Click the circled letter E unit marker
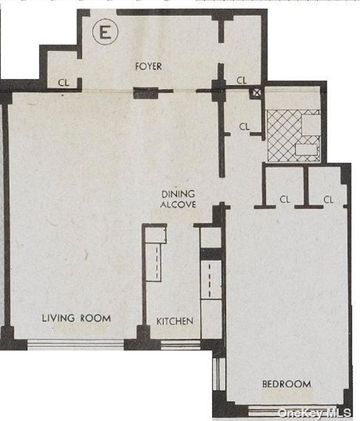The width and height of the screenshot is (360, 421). pyautogui.click(x=105, y=32)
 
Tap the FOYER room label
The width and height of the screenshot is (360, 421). pyautogui.click(x=148, y=66)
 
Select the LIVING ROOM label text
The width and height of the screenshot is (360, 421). pyautogui.click(x=76, y=318)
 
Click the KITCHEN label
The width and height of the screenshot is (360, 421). pyautogui.click(x=175, y=321)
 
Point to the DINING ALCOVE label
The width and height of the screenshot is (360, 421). pyautogui.click(x=178, y=199)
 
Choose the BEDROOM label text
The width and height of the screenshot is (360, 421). pyautogui.click(x=287, y=384)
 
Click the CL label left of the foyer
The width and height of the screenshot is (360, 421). pyautogui.click(x=63, y=82)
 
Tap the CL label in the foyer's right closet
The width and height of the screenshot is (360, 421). pyautogui.click(x=242, y=80)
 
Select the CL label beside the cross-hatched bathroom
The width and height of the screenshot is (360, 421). pyautogui.click(x=244, y=127)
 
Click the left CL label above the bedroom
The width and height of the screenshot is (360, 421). pyautogui.click(x=285, y=199)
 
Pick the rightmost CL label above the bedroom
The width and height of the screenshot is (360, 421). pyautogui.click(x=328, y=199)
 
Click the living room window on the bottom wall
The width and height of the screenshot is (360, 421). pyautogui.click(x=76, y=344)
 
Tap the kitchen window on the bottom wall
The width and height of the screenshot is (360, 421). pyautogui.click(x=180, y=345)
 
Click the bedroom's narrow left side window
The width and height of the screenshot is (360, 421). pyautogui.click(x=219, y=374)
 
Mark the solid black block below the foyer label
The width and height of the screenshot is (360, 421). pyautogui.click(x=145, y=93)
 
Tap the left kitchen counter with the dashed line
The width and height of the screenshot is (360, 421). pyautogui.click(x=153, y=262)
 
